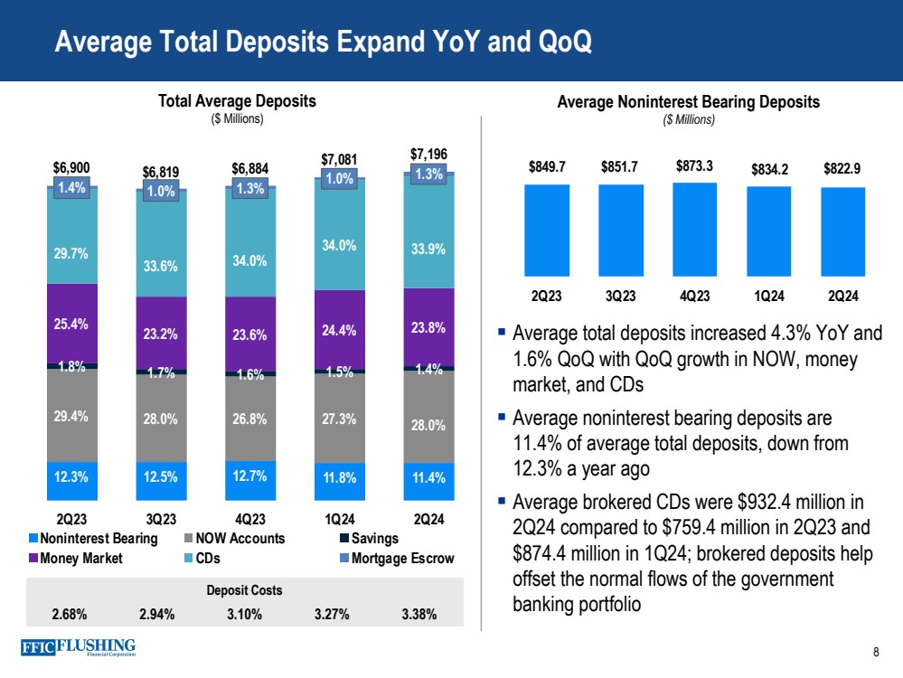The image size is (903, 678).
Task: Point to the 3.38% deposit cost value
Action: [x=419, y=615]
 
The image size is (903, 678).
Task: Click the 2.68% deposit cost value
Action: [x=70, y=615]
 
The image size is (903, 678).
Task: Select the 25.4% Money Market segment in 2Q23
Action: [x=71, y=323]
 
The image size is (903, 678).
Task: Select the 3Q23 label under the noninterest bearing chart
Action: [x=621, y=296]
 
